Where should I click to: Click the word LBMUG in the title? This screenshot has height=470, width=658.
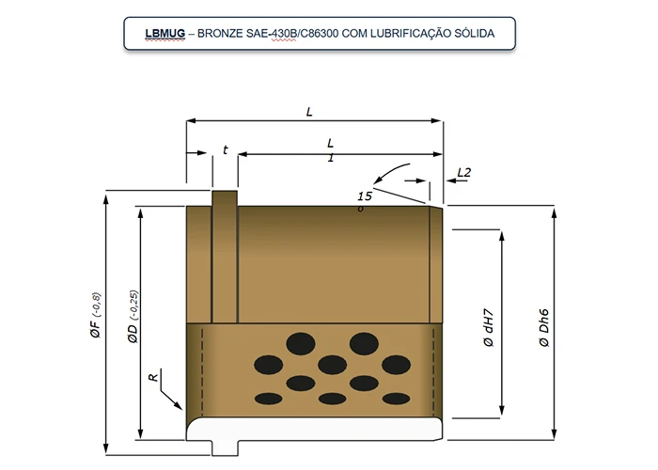coord(164,34)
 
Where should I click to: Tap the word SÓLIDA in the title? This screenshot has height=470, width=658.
coord(474,33)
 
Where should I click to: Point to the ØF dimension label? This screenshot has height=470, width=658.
coord(95,329)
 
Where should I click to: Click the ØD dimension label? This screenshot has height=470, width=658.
coord(133,333)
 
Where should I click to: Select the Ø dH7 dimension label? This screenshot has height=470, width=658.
coord(489,328)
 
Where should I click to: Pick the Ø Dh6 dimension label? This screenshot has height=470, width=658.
coord(544,328)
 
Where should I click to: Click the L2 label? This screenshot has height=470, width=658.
coord(464,172)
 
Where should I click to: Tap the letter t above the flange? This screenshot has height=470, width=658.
coord(226,149)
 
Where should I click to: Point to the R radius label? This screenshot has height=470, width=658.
coord(153,377)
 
